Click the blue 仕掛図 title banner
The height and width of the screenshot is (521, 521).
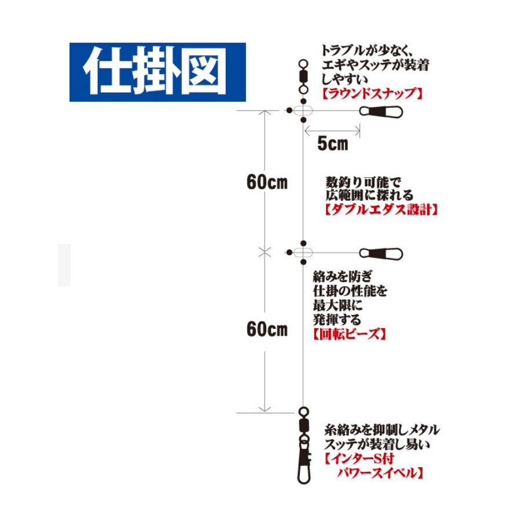coord(157,72)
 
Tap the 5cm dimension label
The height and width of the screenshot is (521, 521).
coord(333,144)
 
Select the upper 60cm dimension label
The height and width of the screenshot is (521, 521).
coord(267,182)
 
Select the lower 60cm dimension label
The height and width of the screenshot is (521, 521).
coord(267,329)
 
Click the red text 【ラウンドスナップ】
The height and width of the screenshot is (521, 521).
coord(372,94)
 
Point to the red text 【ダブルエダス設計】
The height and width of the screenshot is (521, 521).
coord(381,210)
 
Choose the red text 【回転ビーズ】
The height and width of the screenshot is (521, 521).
coord(349,334)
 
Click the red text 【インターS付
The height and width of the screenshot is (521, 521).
coord(359,458)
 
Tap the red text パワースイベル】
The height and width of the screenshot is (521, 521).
coord(380,473)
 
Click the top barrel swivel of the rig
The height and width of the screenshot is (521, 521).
coord(303,77)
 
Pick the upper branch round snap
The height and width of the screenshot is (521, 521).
coord(381,112)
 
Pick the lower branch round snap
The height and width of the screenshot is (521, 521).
coord(381,254)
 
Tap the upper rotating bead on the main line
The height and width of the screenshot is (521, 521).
coord(303,111)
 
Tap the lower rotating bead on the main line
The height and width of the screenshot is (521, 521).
coord(303,252)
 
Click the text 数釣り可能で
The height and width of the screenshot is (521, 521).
coord(364,182)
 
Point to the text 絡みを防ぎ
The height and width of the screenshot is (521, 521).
coord(343,277)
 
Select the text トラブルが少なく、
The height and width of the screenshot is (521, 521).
coord(367,50)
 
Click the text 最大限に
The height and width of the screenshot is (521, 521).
coord(337,305)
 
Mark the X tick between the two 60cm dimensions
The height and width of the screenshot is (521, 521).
coord(265,252)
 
